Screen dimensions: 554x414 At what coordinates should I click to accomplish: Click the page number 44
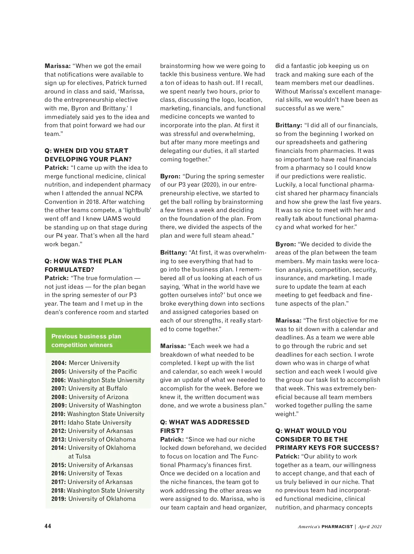(48, 526)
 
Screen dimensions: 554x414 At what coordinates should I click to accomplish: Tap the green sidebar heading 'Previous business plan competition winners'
(86, 340)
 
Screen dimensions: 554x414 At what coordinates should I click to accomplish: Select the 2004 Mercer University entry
(86, 363)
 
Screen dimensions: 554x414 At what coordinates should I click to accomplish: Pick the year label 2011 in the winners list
(58, 423)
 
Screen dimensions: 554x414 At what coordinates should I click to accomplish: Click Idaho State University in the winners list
(99, 423)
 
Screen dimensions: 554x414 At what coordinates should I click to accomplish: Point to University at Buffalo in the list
(98, 388)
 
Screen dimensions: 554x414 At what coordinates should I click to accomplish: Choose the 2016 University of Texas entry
(87, 473)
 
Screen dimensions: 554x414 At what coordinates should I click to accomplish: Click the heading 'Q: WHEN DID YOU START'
(86, 151)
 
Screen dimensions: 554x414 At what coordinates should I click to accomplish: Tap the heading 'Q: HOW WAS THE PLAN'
(83, 261)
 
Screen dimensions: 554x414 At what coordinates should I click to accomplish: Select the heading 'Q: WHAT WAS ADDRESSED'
(205, 422)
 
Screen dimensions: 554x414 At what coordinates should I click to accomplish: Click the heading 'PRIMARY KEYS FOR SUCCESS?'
(327, 448)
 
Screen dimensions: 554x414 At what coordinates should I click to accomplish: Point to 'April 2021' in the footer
(370, 527)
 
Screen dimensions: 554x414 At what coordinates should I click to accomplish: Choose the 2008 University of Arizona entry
(90, 397)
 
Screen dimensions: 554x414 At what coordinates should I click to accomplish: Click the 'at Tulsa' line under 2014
(79, 456)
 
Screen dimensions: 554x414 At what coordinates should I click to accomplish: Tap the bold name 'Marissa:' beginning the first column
(58, 66)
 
